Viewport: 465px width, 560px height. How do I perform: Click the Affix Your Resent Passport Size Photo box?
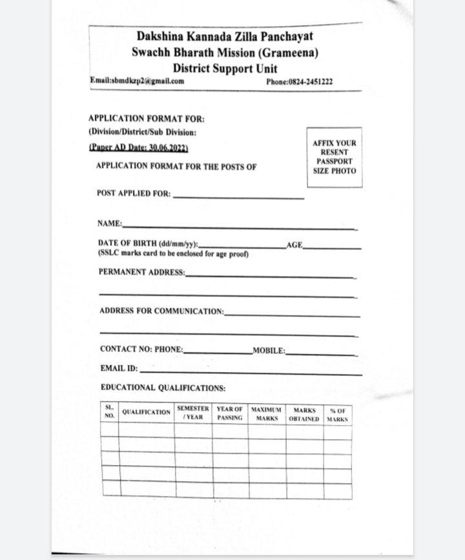tap(334, 157)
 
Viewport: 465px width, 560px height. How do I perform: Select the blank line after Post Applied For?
tap(238, 197)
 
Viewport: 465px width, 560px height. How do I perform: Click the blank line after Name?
tap(239, 227)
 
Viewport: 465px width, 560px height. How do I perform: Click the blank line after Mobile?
tap(321, 354)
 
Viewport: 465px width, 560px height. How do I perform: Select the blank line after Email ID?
tap(251, 373)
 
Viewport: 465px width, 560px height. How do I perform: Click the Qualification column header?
tap(146, 412)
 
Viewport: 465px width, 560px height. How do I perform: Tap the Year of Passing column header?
tap(230, 413)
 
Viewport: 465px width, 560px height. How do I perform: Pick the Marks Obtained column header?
tap(304, 414)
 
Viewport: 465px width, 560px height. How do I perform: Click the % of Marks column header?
tap(337, 415)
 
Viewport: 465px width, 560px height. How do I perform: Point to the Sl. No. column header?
tap(109, 411)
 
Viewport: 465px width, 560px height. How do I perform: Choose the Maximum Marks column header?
tap(267, 414)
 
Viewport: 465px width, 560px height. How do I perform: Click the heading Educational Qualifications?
tap(163, 388)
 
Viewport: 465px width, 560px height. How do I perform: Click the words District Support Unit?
tap(225, 68)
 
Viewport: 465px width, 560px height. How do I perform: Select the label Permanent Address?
tap(141, 272)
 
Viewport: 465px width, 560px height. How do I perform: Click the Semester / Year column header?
tap(193, 413)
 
